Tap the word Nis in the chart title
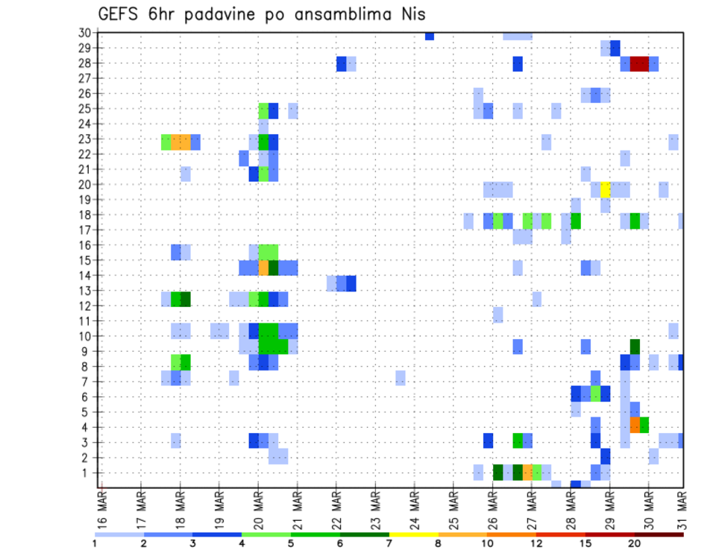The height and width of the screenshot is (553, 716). (x=412, y=15)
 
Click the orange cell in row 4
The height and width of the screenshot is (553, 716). (x=635, y=425)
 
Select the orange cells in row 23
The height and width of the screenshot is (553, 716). (x=181, y=142)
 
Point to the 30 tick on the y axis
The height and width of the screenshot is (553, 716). (x=85, y=33)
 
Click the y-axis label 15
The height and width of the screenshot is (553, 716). (x=85, y=260)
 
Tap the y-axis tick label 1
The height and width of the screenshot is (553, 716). (x=87, y=473)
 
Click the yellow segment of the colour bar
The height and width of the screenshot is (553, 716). (x=414, y=534)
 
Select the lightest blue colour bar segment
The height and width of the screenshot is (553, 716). (x=119, y=534)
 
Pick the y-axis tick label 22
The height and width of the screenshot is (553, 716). (x=85, y=154)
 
